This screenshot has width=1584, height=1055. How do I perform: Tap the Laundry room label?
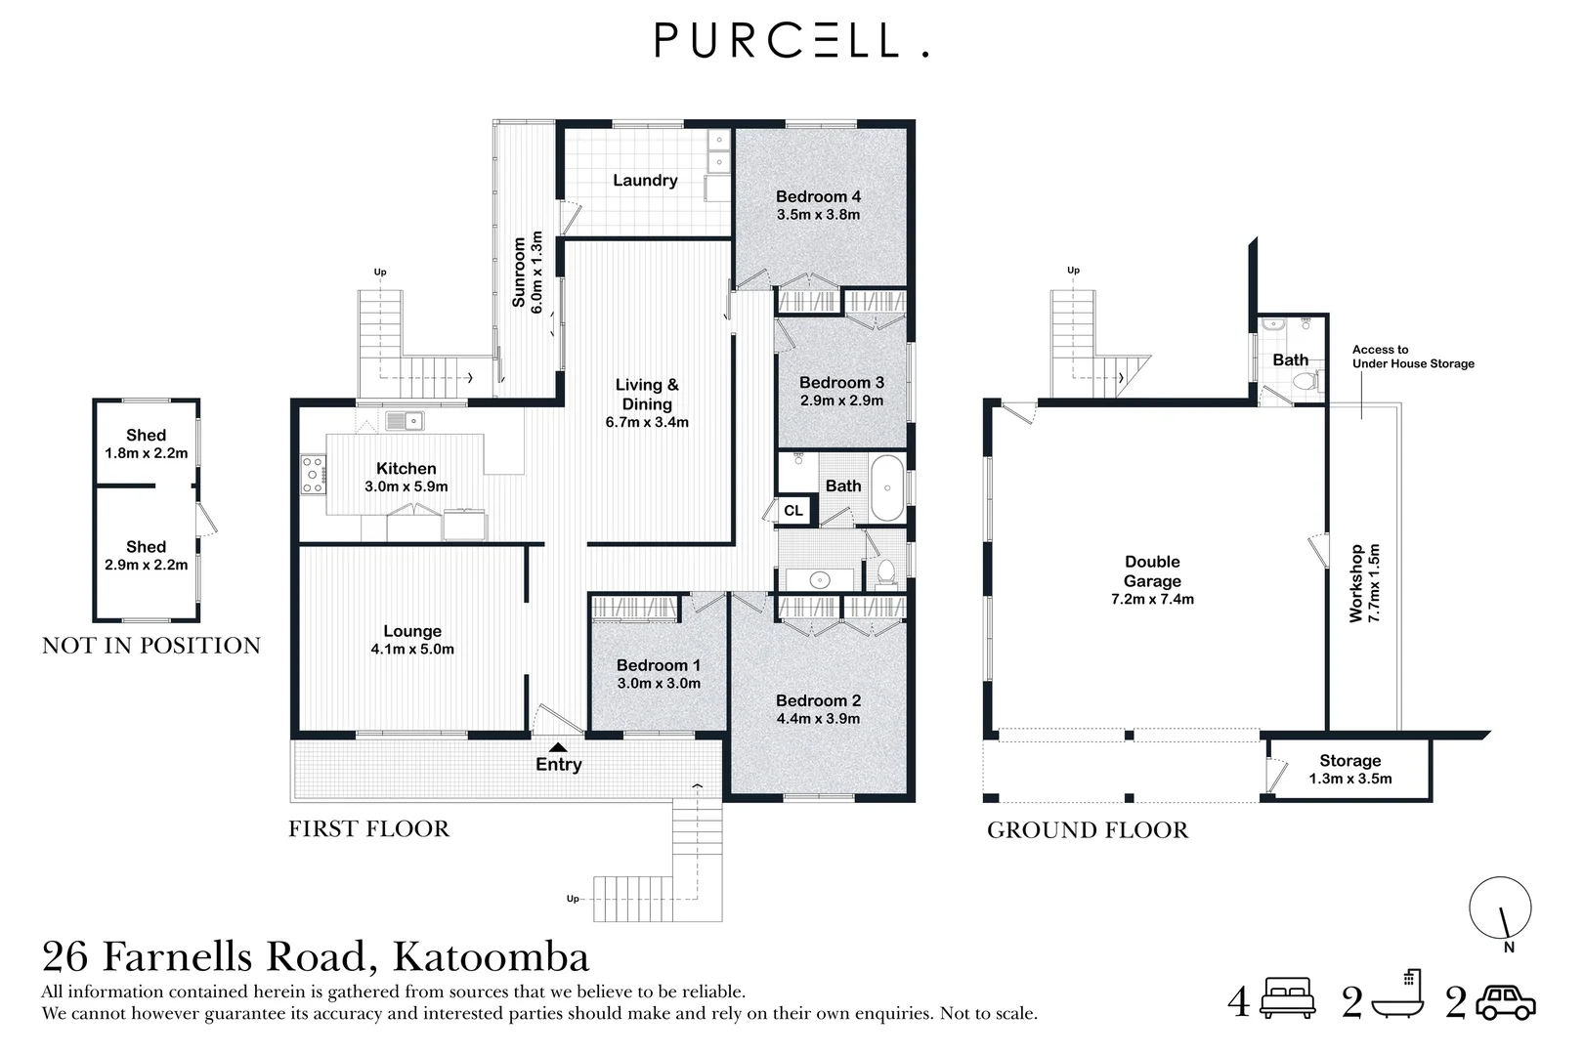pos(645,181)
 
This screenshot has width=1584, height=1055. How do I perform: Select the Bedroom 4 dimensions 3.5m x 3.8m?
pos(818,215)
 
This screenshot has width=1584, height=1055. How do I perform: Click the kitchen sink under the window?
pos(404,421)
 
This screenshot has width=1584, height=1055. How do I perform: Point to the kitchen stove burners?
pos(314,475)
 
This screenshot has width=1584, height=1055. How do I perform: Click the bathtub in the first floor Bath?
pos(887,487)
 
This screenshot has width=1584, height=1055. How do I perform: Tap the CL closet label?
pos(793,511)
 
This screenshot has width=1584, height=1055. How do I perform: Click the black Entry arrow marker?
pos(557,748)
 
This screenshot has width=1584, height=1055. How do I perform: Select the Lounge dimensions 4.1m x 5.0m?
pos(412,650)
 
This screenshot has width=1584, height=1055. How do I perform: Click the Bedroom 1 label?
pos(658,665)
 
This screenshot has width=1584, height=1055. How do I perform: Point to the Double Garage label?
pos(1152,571)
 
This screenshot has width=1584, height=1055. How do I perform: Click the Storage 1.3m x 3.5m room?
pos(1349,770)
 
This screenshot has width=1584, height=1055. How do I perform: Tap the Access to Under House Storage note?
pos(1412,357)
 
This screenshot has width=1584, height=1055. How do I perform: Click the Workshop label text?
pos(1355,583)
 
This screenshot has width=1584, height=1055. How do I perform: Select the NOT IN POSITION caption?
pos(151,646)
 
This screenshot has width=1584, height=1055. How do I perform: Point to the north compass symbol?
pos(1500,909)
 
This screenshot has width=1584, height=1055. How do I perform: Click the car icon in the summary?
pos(1505,1002)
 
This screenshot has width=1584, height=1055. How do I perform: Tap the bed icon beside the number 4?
pos(1288,998)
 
